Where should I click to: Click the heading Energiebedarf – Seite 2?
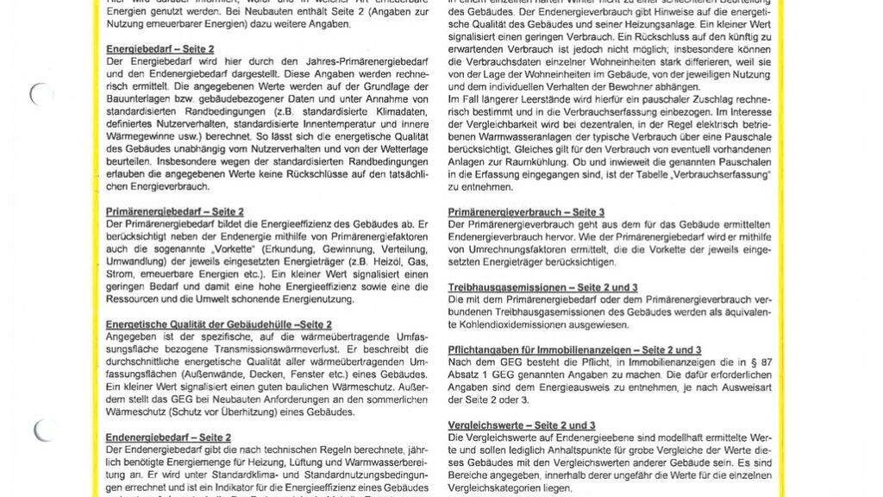[x=160, y=49]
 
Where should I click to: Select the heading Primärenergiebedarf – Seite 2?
[x=175, y=211]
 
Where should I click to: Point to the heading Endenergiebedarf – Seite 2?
[x=168, y=437]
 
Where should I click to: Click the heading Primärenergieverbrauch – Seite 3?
[x=526, y=212]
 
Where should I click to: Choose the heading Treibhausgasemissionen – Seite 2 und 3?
[x=543, y=286]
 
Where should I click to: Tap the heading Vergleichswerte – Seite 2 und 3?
[x=522, y=425]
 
